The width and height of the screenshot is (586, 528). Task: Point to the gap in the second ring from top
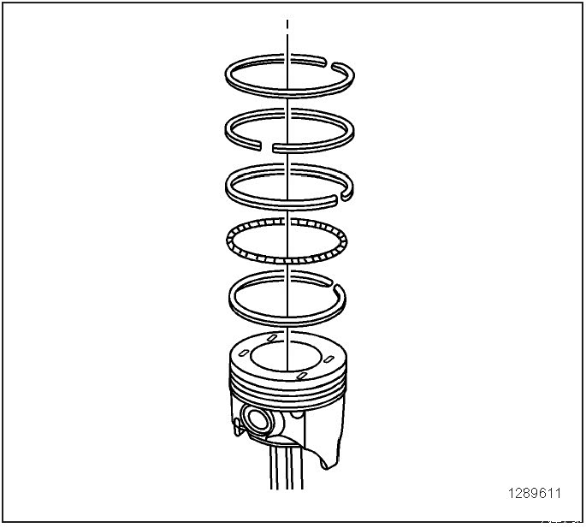[267, 146]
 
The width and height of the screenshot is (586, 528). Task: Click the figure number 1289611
[535, 494]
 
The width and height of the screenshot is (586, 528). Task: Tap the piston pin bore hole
[257, 418]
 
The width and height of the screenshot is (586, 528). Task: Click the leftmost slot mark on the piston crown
[244, 352]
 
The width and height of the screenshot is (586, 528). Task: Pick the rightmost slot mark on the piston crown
[329, 359]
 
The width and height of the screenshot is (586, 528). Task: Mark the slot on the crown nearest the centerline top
[272, 338]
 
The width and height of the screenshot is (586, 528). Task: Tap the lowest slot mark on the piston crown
[301, 376]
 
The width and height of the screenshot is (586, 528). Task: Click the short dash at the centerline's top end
[287, 25]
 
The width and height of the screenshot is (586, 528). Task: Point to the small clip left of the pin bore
[237, 427]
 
